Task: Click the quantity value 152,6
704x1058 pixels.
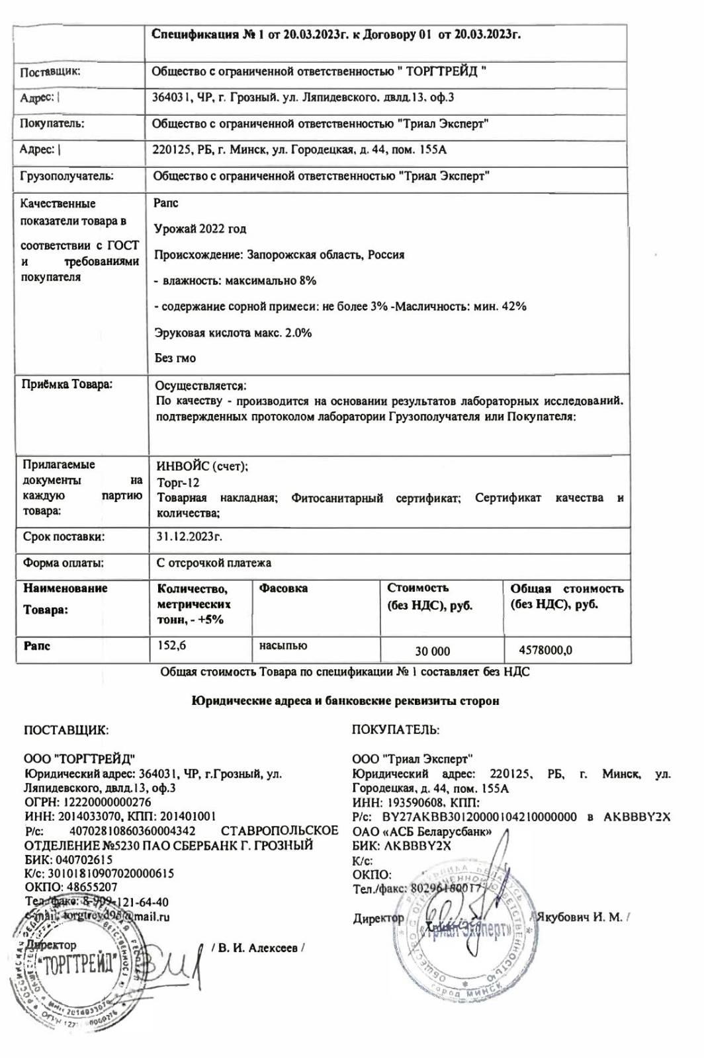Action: point(171,645)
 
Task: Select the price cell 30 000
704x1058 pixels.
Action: point(432,651)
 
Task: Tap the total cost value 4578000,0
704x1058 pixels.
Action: point(546,651)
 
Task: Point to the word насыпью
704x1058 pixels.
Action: point(283,645)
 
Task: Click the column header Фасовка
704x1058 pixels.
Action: point(283,588)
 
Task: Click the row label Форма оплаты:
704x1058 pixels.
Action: point(63,563)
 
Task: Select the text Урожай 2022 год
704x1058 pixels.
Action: point(200,229)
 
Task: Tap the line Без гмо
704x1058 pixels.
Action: point(175,358)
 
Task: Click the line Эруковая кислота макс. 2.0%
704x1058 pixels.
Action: point(233,333)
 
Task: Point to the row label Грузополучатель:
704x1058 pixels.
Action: point(67,176)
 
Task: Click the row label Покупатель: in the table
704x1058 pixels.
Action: point(52,123)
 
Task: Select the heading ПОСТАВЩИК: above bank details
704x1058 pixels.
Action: point(66,730)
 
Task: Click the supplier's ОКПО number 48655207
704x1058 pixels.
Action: point(90,887)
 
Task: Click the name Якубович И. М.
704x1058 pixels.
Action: point(580,917)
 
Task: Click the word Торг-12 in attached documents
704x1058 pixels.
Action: point(178,483)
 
